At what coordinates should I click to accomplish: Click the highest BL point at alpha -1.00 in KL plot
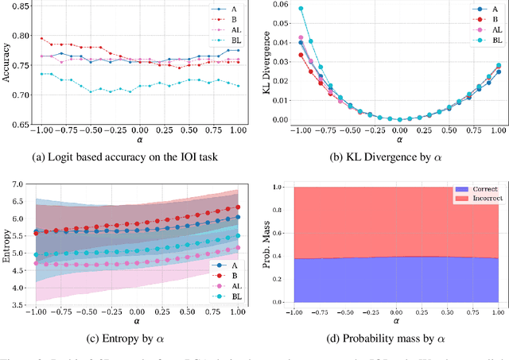(x=301, y=9)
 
